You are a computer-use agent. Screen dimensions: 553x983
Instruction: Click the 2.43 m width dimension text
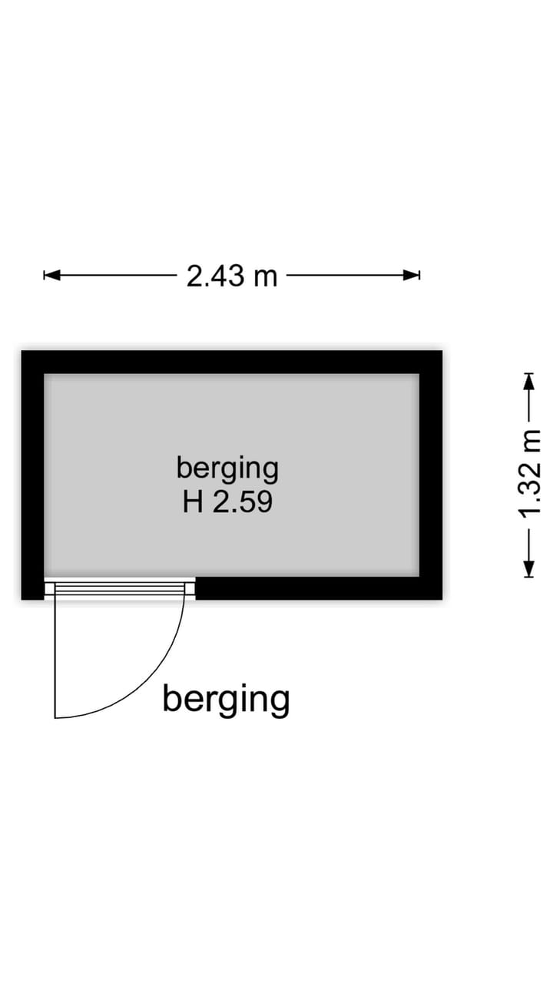tap(232, 276)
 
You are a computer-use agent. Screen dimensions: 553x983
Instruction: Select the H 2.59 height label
tap(227, 501)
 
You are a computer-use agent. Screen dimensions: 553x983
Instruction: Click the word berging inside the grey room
tap(227, 469)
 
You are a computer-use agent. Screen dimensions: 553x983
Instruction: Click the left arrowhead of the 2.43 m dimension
tap(51, 275)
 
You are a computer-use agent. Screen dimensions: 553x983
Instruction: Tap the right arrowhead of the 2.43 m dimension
tap(412, 275)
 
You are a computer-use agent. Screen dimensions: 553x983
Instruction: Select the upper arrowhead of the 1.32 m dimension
tap(529, 382)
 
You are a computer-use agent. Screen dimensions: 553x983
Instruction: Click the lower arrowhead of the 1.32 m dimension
tap(529, 569)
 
